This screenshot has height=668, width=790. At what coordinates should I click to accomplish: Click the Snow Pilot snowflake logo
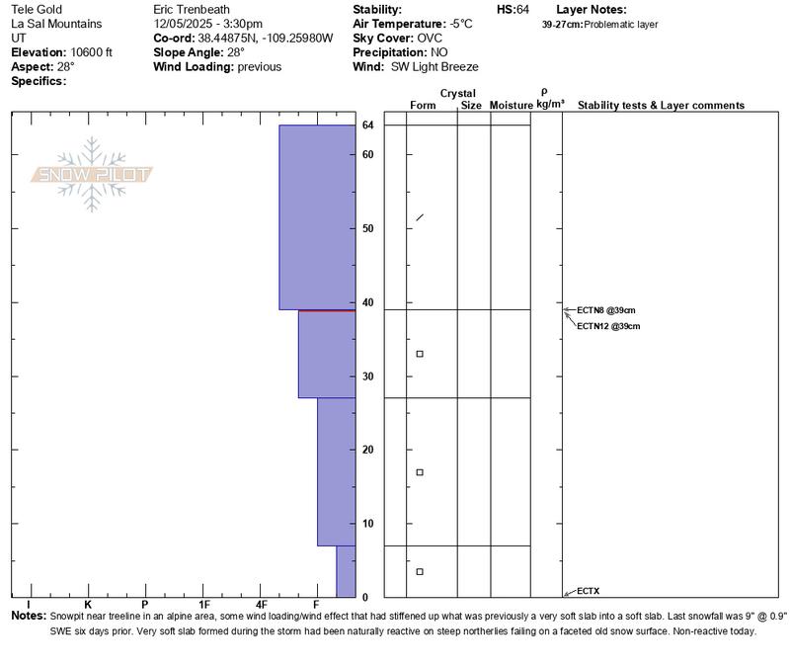(x=93, y=174)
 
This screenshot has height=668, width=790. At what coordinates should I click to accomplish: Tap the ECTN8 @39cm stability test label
(x=602, y=309)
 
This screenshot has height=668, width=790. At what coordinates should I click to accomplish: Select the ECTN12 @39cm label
(x=608, y=326)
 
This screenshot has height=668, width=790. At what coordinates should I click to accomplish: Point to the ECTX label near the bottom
(x=588, y=591)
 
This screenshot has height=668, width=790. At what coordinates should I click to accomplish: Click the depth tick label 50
(x=366, y=228)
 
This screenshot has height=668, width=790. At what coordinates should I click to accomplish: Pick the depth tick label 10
(x=366, y=523)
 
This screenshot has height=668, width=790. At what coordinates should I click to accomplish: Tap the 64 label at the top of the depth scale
(x=367, y=125)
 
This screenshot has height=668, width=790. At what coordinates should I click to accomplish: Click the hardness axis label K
(x=88, y=605)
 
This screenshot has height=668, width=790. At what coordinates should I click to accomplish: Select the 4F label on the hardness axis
(x=262, y=605)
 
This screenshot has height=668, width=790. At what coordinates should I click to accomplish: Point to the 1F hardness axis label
(x=204, y=605)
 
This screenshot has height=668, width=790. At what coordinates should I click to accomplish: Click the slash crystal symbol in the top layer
(x=420, y=217)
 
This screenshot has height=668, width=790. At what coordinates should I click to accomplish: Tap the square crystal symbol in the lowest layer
(x=420, y=572)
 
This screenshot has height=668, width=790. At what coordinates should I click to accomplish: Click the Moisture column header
(x=512, y=105)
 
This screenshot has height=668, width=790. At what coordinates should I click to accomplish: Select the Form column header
(x=423, y=105)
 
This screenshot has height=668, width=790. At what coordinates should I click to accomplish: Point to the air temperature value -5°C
(x=460, y=24)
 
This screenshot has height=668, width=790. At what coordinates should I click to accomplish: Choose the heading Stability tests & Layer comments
(x=661, y=105)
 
